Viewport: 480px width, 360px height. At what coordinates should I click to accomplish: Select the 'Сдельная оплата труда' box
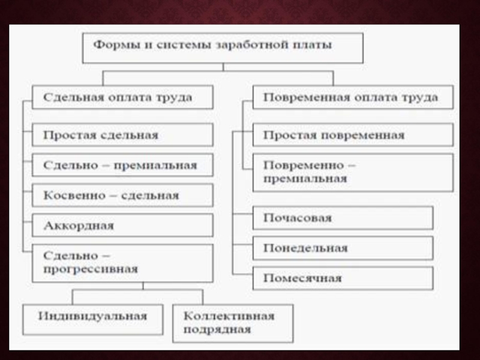pyautogui.click(x=122, y=97)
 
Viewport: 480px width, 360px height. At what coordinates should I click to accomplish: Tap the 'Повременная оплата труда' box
pyautogui.click(x=353, y=97)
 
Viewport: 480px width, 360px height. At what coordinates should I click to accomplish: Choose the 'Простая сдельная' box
pyautogui.click(x=122, y=135)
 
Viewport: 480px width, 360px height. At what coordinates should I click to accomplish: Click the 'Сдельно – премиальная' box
pyautogui.click(x=122, y=165)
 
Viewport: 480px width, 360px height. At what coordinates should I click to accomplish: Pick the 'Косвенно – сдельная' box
pyautogui.click(x=122, y=195)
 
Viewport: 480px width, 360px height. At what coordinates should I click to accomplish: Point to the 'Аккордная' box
pyautogui.click(x=122, y=226)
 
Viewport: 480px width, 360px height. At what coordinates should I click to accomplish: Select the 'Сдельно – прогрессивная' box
pyautogui.click(x=122, y=263)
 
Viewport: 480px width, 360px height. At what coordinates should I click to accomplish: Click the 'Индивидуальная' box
pyautogui.click(x=93, y=319)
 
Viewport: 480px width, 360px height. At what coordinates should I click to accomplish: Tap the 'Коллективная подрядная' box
pyautogui.click(x=233, y=323)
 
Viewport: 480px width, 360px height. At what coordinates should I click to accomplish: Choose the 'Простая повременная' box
pyautogui.click(x=353, y=135)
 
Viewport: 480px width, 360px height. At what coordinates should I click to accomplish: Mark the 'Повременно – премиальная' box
pyautogui.click(x=353, y=172)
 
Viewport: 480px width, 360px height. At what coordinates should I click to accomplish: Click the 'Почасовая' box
pyautogui.click(x=343, y=218)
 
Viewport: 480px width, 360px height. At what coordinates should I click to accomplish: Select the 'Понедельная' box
pyautogui.click(x=343, y=248)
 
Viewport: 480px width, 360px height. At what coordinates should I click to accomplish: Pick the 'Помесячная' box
pyautogui.click(x=343, y=278)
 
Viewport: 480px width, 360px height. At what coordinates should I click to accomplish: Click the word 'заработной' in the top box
pyautogui.click(x=254, y=45)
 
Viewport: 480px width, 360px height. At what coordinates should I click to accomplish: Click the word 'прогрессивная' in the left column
pyautogui.click(x=91, y=269)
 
